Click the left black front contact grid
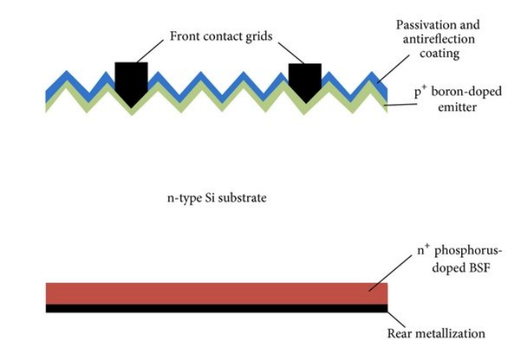[130, 79]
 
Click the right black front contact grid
[304, 79]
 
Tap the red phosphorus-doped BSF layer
[214, 294]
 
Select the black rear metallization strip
[214, 308]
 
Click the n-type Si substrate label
[217, 197]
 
